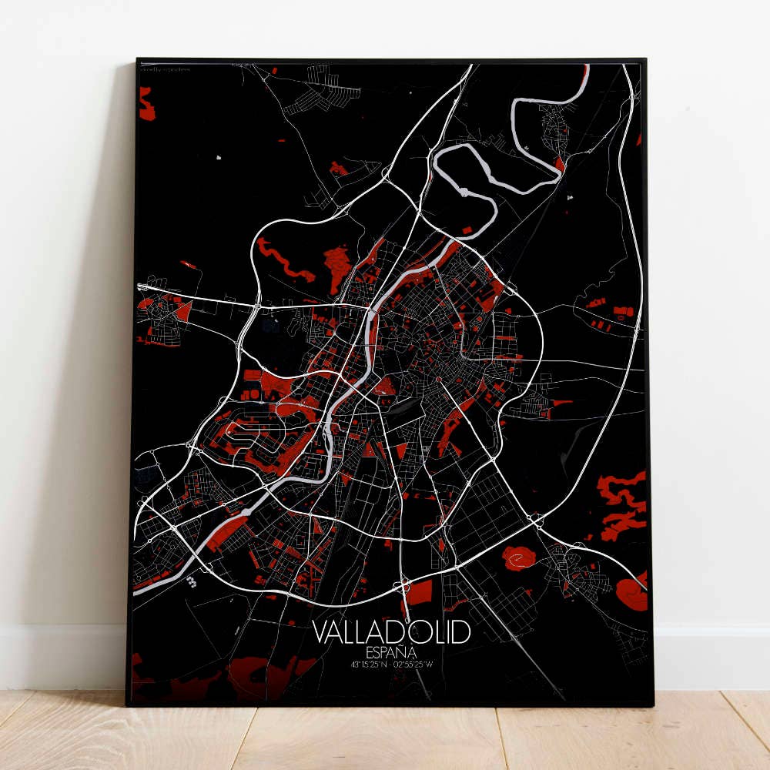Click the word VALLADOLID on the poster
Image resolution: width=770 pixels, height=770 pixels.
(391, 632)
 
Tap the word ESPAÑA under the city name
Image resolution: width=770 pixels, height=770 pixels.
(391, 651)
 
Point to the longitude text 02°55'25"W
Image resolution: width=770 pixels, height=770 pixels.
(417, 664)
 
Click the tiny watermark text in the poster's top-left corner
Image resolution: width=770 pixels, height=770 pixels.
(162, 69)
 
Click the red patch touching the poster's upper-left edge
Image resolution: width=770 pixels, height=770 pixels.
(146, 103)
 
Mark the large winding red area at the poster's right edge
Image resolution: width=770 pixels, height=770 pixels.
(622, 504)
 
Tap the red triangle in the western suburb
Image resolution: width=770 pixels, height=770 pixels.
(183, 310)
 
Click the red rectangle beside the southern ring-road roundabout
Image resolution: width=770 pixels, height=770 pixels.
(420, 592)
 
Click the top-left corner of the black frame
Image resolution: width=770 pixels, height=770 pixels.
(137, 59)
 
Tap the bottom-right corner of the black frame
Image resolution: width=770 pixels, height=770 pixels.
(652, 704)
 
